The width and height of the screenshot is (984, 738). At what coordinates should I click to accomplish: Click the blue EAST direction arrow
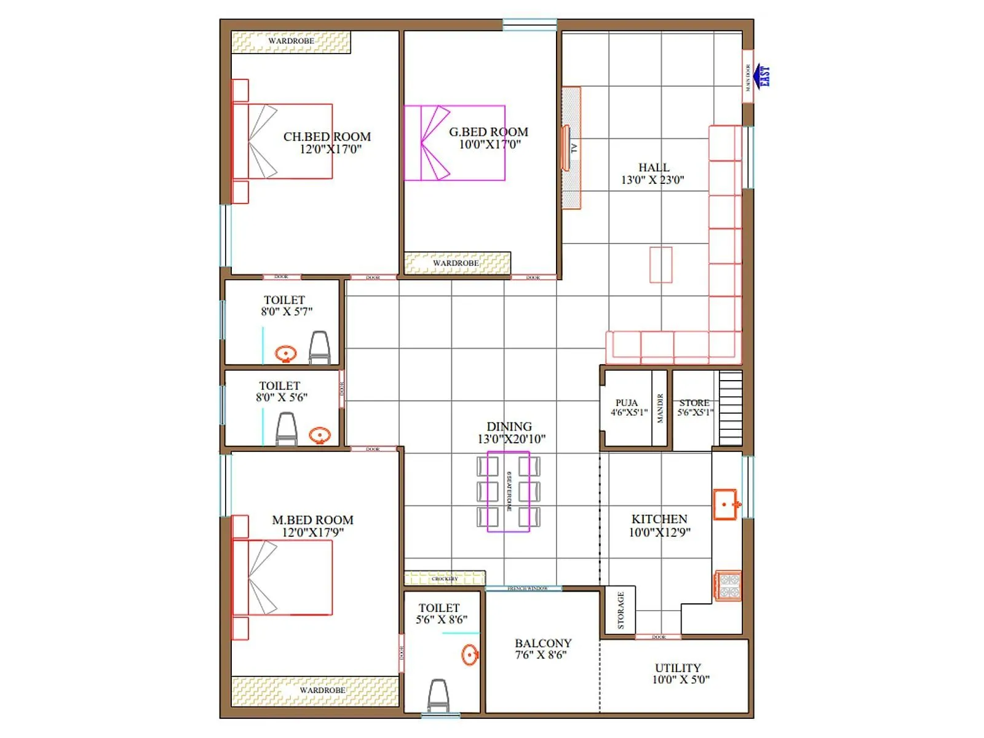[763, 76]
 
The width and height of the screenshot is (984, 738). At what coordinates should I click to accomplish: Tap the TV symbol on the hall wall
[566, 148]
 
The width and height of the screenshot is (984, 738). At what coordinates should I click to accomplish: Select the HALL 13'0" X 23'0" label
[653, 173]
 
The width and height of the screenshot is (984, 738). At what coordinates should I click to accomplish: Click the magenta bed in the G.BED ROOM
[454, 143]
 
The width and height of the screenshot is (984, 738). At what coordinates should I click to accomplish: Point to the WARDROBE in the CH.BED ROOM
[291, 42]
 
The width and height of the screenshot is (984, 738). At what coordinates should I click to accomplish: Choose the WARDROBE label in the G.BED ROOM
[456, 263]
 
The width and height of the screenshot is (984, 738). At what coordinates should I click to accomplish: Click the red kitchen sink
[726, 504]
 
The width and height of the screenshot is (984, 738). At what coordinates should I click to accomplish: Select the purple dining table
[508, 491]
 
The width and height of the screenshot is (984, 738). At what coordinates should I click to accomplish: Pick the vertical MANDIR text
[660, 408]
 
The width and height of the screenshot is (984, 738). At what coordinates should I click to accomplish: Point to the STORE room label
[694, 408]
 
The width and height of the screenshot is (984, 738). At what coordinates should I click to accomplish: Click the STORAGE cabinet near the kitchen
[620, 609]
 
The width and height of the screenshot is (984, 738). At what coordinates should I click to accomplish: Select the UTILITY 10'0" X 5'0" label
[679, 673]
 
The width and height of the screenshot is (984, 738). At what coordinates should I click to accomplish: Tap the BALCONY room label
[543, 649]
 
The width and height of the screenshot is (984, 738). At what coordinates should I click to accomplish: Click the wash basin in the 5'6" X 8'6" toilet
[470, 654]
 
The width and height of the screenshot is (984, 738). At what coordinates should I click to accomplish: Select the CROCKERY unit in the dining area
[445, 579]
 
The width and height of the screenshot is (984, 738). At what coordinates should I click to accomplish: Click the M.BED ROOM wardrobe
[315, 691]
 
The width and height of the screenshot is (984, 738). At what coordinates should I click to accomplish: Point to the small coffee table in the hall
[661, 264]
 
